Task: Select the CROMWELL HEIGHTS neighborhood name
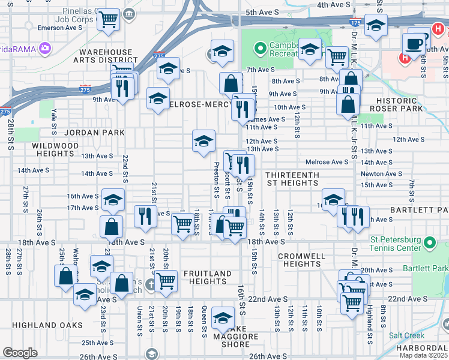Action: [x=302, y=260]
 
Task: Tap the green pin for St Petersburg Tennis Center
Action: [x=429, y=242]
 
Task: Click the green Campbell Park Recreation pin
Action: [x=260, y=47]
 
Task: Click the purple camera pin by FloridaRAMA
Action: [x=44, y=47]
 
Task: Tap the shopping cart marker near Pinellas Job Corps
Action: [x=108, y=20]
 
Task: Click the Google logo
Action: [x=20, y=353]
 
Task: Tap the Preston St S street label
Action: [x=215, y=178]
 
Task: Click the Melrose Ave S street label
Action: [x=327, y=162]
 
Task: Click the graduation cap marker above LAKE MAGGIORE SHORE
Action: [x=223, y=317]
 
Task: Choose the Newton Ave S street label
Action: [x=381, y=174]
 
